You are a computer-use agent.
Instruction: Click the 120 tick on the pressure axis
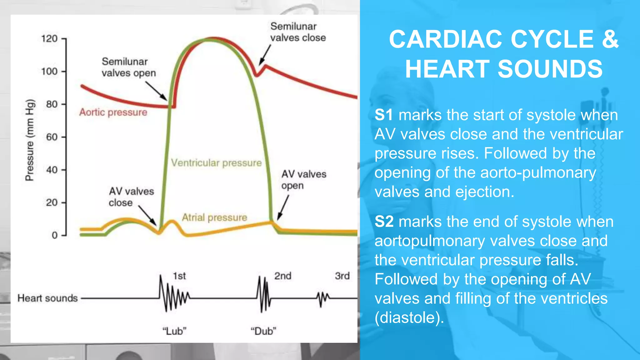point(49,39)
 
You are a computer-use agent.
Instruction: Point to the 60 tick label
point(52,137)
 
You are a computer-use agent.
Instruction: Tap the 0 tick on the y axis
point(55,235)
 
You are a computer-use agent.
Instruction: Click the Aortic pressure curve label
point(113,112)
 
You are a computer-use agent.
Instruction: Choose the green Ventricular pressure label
point(216,163)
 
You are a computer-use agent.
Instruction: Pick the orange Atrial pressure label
point(214,217)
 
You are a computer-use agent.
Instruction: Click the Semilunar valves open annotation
point(128,67)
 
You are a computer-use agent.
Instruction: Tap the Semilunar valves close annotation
point(298,32)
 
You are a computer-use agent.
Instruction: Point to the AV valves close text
point(131,197)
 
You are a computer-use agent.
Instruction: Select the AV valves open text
point(303,180)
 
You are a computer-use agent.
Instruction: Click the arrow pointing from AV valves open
point(283,208)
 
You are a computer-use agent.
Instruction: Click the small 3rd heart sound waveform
point(322,298)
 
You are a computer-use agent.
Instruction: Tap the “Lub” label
point(174,331)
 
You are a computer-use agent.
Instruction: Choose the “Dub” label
point(263,331)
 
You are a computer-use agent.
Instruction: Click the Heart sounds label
point(47,298)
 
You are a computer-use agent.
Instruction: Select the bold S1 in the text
point(384,115)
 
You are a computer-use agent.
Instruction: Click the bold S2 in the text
point(384,222)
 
